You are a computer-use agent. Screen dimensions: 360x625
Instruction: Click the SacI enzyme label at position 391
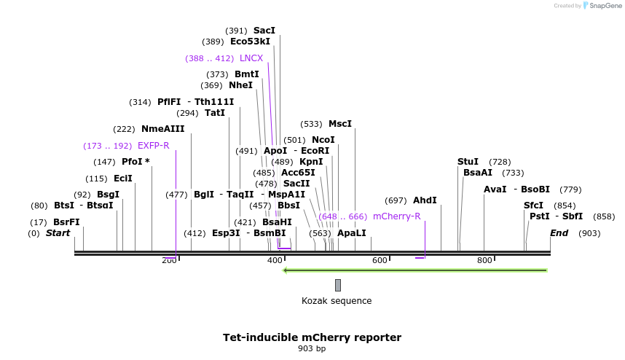(x=264, y=31)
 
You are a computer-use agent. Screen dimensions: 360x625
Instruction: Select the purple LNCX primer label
(x=251, y=58)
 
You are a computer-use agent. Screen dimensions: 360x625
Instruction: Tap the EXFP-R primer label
(x=153, y=146)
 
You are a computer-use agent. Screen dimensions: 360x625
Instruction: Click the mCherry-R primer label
(x=396, y=216)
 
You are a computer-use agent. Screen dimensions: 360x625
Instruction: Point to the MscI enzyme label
(x=340, y=124)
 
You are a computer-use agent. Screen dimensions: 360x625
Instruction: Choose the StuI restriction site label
(x=468, y=162)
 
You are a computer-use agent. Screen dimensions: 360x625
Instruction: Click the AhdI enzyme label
(x=425, y=200)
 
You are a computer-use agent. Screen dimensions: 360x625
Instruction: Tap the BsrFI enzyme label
(x=66, y=222)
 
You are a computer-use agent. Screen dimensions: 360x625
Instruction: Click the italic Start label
(x=58, y=233)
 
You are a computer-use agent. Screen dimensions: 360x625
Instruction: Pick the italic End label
(x=559, y=233)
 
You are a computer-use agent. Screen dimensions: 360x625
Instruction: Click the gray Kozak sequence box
(x=338, y=285)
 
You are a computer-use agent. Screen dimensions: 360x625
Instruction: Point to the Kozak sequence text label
(x=337, y=301)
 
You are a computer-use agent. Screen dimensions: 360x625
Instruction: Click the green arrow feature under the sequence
(x=415, y=270)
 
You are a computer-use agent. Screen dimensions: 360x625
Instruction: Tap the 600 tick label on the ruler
(x=380, y=261)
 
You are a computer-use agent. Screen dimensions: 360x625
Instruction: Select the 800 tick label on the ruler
(x=484, y=261)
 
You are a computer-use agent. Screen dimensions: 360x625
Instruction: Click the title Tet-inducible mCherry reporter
(x=312, y=337)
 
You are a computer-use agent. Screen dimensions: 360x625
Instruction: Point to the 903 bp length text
(x=312, y=349)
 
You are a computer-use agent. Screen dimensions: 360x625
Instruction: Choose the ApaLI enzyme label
(x=351, y=233)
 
